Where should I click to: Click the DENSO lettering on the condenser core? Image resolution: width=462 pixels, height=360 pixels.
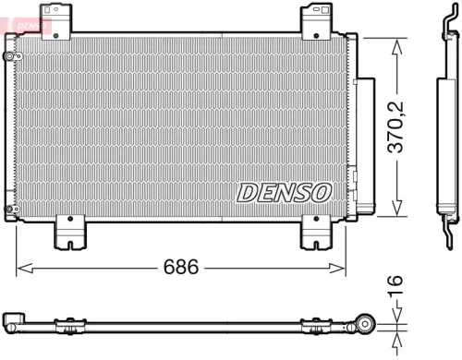point(284,191)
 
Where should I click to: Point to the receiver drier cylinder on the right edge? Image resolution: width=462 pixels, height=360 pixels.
point(365,143)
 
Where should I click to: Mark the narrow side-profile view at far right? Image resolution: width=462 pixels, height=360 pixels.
point(442,129)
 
